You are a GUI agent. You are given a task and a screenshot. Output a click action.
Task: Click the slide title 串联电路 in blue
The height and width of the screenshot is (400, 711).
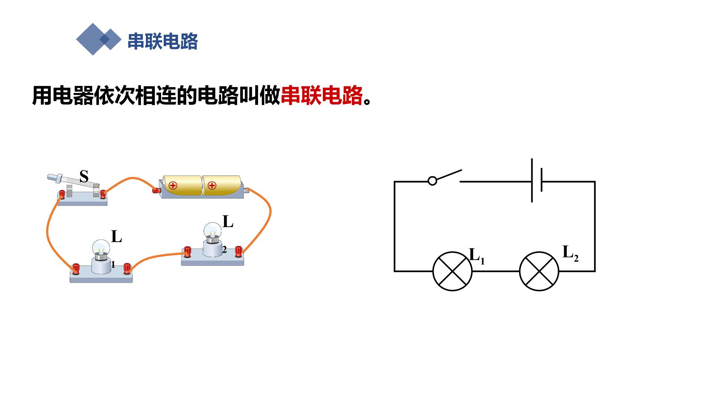coord(163,41)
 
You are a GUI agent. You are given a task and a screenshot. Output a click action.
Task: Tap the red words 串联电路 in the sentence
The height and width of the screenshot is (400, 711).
coord(322,96)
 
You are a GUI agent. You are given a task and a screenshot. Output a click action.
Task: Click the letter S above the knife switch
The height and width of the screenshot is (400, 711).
coord(84,177)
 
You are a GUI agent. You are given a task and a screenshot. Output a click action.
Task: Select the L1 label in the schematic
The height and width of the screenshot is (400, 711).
coord(477,256)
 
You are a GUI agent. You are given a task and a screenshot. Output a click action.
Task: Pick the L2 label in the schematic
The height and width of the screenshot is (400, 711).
coord(570,253)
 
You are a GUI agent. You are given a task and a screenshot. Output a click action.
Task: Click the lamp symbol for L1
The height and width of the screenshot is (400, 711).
coord(453,271)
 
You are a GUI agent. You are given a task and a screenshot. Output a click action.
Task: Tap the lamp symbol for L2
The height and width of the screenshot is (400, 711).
coord(539,271)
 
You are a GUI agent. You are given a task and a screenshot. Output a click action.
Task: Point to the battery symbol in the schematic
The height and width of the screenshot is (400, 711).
coord(537,180)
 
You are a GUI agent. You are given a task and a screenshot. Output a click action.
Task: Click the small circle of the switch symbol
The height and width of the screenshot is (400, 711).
coord(432,181)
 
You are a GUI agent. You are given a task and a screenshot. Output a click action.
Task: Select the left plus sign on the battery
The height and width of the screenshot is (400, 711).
coord(173,186)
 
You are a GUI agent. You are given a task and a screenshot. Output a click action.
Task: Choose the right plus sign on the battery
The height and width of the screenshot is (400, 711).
coord(212,185)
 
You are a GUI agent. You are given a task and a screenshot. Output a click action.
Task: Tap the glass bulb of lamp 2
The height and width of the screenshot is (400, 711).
coord(213,231)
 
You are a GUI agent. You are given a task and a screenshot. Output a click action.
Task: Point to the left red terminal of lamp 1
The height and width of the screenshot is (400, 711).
coord(76,268)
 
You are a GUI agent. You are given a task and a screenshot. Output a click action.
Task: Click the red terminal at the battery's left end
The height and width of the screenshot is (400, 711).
coord(156,190)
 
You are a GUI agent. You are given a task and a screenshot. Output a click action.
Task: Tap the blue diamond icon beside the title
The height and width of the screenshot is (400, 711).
coord(99,39)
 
